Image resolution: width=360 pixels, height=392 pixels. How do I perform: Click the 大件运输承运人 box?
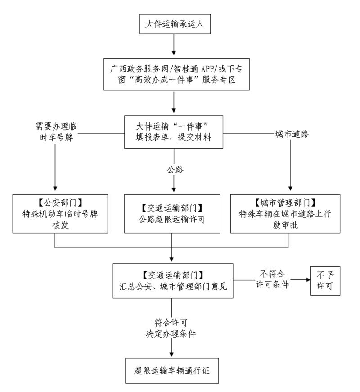(x=173, y=24)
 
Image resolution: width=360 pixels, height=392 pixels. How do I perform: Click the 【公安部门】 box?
(x=61, y=213)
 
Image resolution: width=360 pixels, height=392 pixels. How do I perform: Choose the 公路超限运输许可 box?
(x=173, y=213)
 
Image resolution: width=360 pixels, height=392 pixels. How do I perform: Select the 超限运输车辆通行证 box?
(x=173, y=371)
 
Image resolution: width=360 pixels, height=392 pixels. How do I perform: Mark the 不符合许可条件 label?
(x=273, y=279)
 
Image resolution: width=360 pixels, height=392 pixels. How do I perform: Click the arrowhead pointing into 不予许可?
(x=307, y=279)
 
